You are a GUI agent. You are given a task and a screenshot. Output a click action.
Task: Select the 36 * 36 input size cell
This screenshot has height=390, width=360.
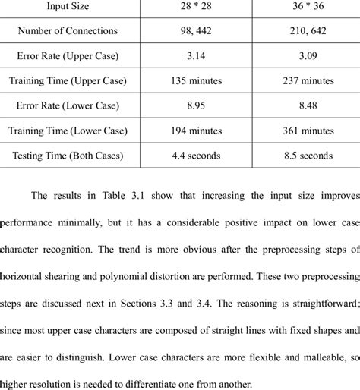coord(301,8)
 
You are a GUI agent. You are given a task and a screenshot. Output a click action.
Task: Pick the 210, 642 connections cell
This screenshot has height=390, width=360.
coord(301,32)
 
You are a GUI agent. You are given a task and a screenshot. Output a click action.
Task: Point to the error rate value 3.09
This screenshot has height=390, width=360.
coord(301,56)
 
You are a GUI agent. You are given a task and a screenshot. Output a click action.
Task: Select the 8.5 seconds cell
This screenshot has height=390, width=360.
coord(301,156)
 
